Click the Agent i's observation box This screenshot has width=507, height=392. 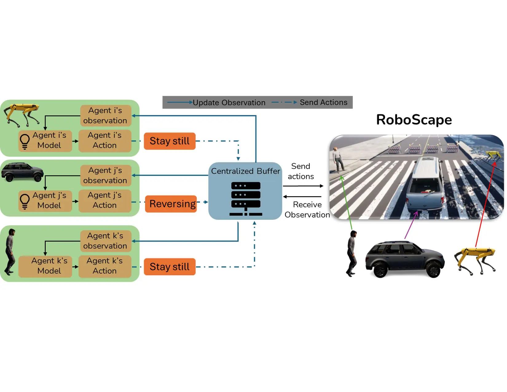(105, 116)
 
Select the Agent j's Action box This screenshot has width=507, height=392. (105, 200)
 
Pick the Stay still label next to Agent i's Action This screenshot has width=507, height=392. (170, 141)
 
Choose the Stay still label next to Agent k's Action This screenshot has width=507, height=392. (170, 267)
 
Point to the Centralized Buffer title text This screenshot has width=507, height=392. (246, 171)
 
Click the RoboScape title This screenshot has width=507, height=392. (414, 120)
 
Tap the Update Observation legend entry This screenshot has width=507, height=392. (229, 103)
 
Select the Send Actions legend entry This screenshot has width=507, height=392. (323, 102)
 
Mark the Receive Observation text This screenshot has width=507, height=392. (307, 210)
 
